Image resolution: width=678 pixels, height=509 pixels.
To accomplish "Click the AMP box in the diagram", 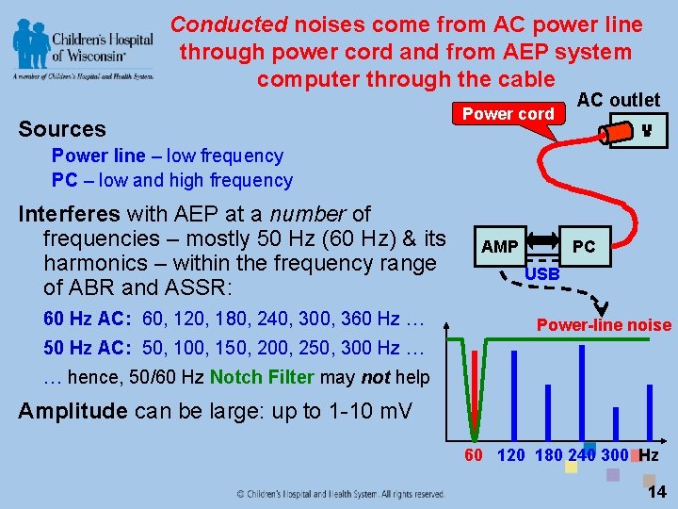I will coord(500,246).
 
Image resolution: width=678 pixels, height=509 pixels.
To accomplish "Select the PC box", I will coord(584,246).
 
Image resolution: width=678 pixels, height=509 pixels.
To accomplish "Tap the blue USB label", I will coord(541,273).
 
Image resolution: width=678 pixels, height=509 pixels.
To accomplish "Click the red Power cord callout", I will coord(508,114).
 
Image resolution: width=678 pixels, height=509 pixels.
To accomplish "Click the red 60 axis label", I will coord(474,456).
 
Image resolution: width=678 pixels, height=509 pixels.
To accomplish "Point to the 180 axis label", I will coord(547,456).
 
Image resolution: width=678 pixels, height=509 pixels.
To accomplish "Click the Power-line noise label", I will coord(604,325).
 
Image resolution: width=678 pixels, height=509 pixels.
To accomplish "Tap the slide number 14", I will coord(656,490).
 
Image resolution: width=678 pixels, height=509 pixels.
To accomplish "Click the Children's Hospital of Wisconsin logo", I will coord(85,51).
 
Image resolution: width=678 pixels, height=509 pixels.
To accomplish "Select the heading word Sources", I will coord(62,129).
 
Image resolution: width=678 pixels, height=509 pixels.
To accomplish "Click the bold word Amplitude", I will coord(73,411).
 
